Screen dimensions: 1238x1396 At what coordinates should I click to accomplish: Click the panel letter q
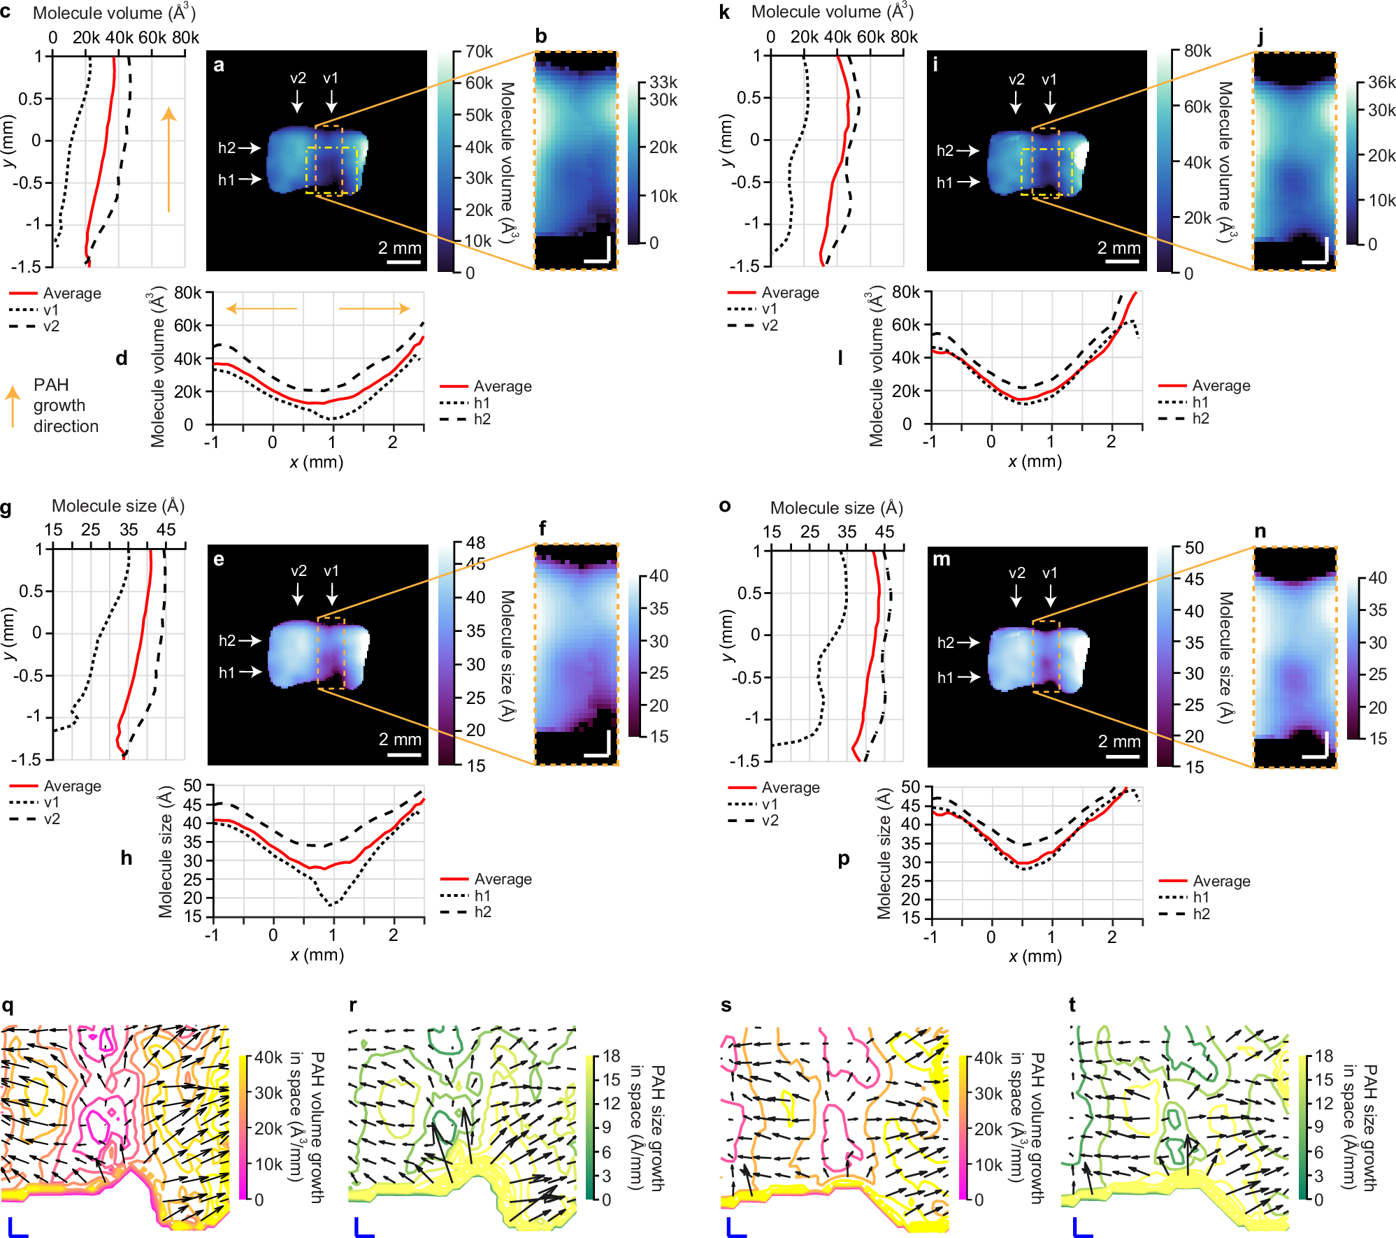pos(8,1006)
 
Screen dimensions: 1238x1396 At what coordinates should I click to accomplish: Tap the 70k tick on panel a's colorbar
pos(479,52)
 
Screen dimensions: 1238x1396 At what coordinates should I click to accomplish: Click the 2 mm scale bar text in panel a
pos(399,248)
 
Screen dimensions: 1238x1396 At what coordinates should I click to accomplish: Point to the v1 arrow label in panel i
pos(1049,80)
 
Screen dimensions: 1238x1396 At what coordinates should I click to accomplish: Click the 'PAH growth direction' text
pos(66,405)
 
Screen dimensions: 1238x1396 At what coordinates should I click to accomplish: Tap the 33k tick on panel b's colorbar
pos(663,82)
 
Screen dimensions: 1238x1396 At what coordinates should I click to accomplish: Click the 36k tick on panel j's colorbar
pos(1381,82)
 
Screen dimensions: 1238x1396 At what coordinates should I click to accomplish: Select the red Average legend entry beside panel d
pos(502,387)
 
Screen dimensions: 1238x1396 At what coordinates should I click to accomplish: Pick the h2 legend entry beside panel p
pos(1201,914)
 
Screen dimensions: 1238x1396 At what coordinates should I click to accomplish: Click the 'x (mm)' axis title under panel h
pos(317,955)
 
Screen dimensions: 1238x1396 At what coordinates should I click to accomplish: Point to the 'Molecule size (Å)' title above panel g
pos(118,506)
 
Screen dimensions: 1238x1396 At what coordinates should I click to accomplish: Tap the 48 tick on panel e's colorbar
pos(475,543)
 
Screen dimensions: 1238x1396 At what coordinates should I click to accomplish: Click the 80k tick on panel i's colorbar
pos(1197,51)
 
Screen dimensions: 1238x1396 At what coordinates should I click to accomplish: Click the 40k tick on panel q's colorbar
pos(268,1058)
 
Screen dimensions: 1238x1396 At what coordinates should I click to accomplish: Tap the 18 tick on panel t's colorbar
pos(1324,1056)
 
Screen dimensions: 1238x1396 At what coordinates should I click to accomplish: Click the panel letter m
pos(941,559)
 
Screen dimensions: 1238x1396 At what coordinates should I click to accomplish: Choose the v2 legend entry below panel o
pos(770,820)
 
